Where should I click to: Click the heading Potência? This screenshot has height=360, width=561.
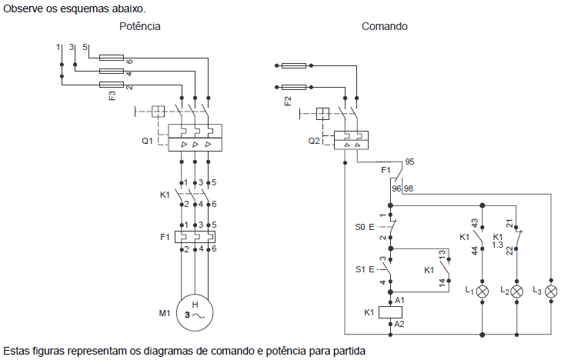pos(140,26)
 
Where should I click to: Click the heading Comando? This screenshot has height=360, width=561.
pos(385,26)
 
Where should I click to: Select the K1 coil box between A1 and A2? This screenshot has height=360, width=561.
pos(390,312)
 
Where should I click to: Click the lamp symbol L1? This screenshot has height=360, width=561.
pos(483,292)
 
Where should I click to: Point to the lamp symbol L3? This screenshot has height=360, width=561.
pos(551,292)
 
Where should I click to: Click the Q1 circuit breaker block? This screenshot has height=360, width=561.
pos(195,138)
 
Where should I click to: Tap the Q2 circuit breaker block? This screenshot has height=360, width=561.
pos(352,139)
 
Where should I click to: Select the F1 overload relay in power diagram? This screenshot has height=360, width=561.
pos(195,238)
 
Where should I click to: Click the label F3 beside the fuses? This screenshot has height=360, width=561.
pos(113,96)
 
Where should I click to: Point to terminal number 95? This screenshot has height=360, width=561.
pos(409,162)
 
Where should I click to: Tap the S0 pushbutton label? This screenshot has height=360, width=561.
pos(361,227)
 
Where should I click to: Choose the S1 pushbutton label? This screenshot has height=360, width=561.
pos(361,269)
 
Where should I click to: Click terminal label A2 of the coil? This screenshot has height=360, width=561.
pos(399,325)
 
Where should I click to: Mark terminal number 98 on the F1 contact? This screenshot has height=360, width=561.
pos(408,188)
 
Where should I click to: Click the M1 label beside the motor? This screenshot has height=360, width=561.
pos(164,314)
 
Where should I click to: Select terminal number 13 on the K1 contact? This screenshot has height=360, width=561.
pos(442,253)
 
